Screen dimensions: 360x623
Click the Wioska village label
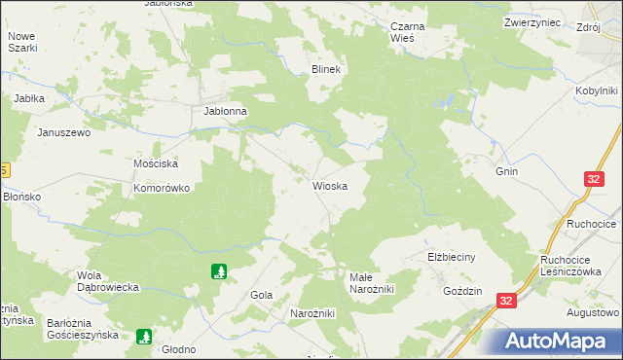coord(330,186)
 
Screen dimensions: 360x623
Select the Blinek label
coord(324,70)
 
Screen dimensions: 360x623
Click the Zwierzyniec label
coord(533,21)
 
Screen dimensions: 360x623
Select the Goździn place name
coord(463,291)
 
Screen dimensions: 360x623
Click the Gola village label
coord(261,294)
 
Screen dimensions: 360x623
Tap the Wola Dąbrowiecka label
coord(111,281)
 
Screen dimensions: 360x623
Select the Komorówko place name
coord(161,188)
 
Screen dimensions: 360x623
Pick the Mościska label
coord(154,163)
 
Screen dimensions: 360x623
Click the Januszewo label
coord(63,132)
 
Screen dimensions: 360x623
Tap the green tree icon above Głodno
coord(144,337)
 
